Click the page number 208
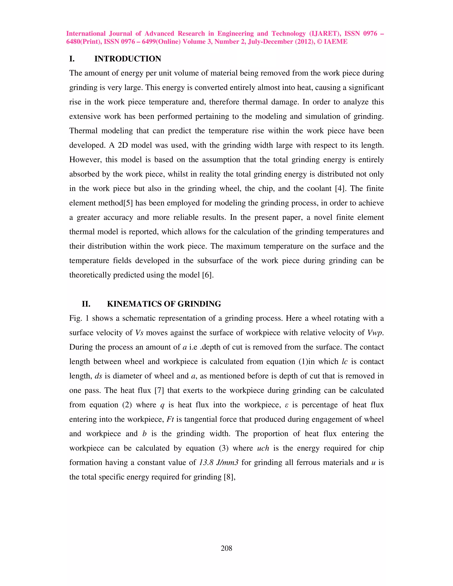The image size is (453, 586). pos(226,548)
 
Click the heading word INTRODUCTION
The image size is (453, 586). pos(128,59)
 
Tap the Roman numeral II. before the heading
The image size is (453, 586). pos(86,304)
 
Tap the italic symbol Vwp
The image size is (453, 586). pos(375,333)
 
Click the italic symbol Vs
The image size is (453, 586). pos(139,333)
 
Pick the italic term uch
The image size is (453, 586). pos(263,448)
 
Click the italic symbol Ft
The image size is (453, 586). pos(170,419)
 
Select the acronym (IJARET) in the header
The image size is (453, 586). pos(325,34)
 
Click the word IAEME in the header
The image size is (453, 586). pos(336,42)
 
